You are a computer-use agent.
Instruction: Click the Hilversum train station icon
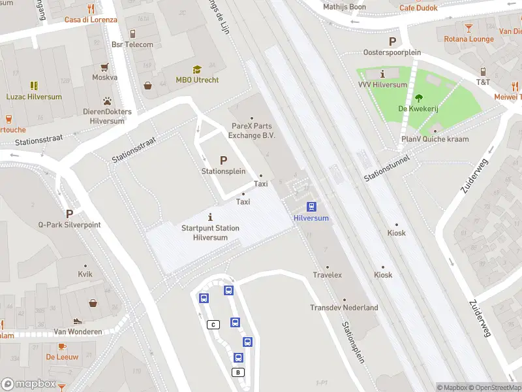[x=312, y=207]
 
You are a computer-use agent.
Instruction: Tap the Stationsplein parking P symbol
[x=224, y=160]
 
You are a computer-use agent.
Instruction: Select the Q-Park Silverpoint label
[x=70, y=225]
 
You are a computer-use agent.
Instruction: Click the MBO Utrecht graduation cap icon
[x=197, y=69]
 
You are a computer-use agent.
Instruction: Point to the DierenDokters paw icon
[x=107, y=101]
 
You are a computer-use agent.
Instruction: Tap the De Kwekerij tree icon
[x=418, y=98]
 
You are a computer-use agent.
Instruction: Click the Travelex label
[x=327, y=275]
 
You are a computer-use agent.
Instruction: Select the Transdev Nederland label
[x=344, y=308]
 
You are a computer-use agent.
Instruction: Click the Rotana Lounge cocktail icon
[x=468, y=27]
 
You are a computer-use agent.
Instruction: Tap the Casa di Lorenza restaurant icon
[x=91, y=9]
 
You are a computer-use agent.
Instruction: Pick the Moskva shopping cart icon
[x=104, y=67]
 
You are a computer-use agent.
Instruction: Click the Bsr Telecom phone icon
[x=132, y=34]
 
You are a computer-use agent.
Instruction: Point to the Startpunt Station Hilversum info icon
[x=210, y=217]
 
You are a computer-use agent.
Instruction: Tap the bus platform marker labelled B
[x=238, y=372]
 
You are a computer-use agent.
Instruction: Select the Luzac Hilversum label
[x=34, y=97]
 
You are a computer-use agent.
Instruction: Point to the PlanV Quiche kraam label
[x=435, y=139]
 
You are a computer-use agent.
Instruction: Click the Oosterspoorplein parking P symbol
[x=393, y=41]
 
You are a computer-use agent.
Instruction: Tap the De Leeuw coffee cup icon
[x=62, y=346]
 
